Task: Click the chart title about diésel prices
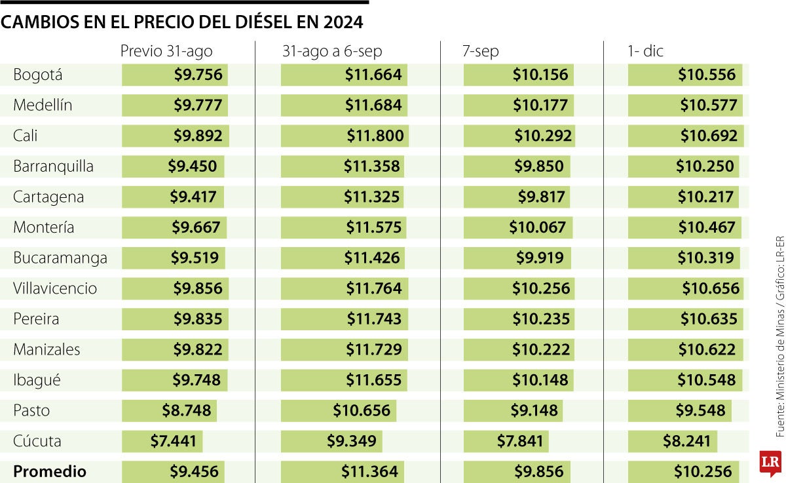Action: (181, 23)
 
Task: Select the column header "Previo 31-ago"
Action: (166, 52)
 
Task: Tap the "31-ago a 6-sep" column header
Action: (332, 52)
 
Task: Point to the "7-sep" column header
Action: (481, 52)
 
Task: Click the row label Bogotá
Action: (38, 75)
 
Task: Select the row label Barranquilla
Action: (54, 166)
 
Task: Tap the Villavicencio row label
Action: (55, 288)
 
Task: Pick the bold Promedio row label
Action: (50, 471)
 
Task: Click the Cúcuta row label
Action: (37, 441)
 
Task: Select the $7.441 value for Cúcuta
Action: (173, 441)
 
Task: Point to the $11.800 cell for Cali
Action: (375, 136)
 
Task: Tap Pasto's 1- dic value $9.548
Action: (700, 410)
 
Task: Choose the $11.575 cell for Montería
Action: (374, 227)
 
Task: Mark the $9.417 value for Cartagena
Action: (193, 197)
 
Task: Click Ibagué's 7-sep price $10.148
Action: (540, 380)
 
